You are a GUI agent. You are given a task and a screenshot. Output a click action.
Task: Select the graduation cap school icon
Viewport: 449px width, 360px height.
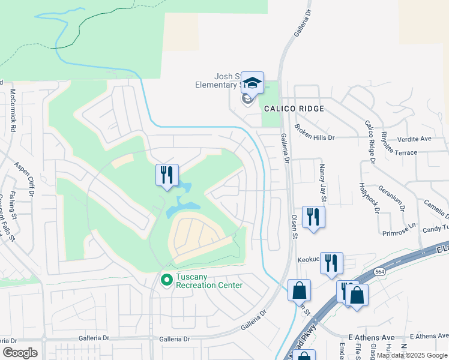click(253, 83)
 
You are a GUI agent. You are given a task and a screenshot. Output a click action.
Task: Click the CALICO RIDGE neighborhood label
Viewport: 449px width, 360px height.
click(294, 109)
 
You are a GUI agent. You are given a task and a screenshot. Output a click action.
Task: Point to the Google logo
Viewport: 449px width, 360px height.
click(20, 353)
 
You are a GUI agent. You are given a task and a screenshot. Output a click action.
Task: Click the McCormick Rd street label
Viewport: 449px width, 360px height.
click(13, 110)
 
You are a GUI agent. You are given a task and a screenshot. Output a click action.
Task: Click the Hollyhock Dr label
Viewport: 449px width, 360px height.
click(369, 198)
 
